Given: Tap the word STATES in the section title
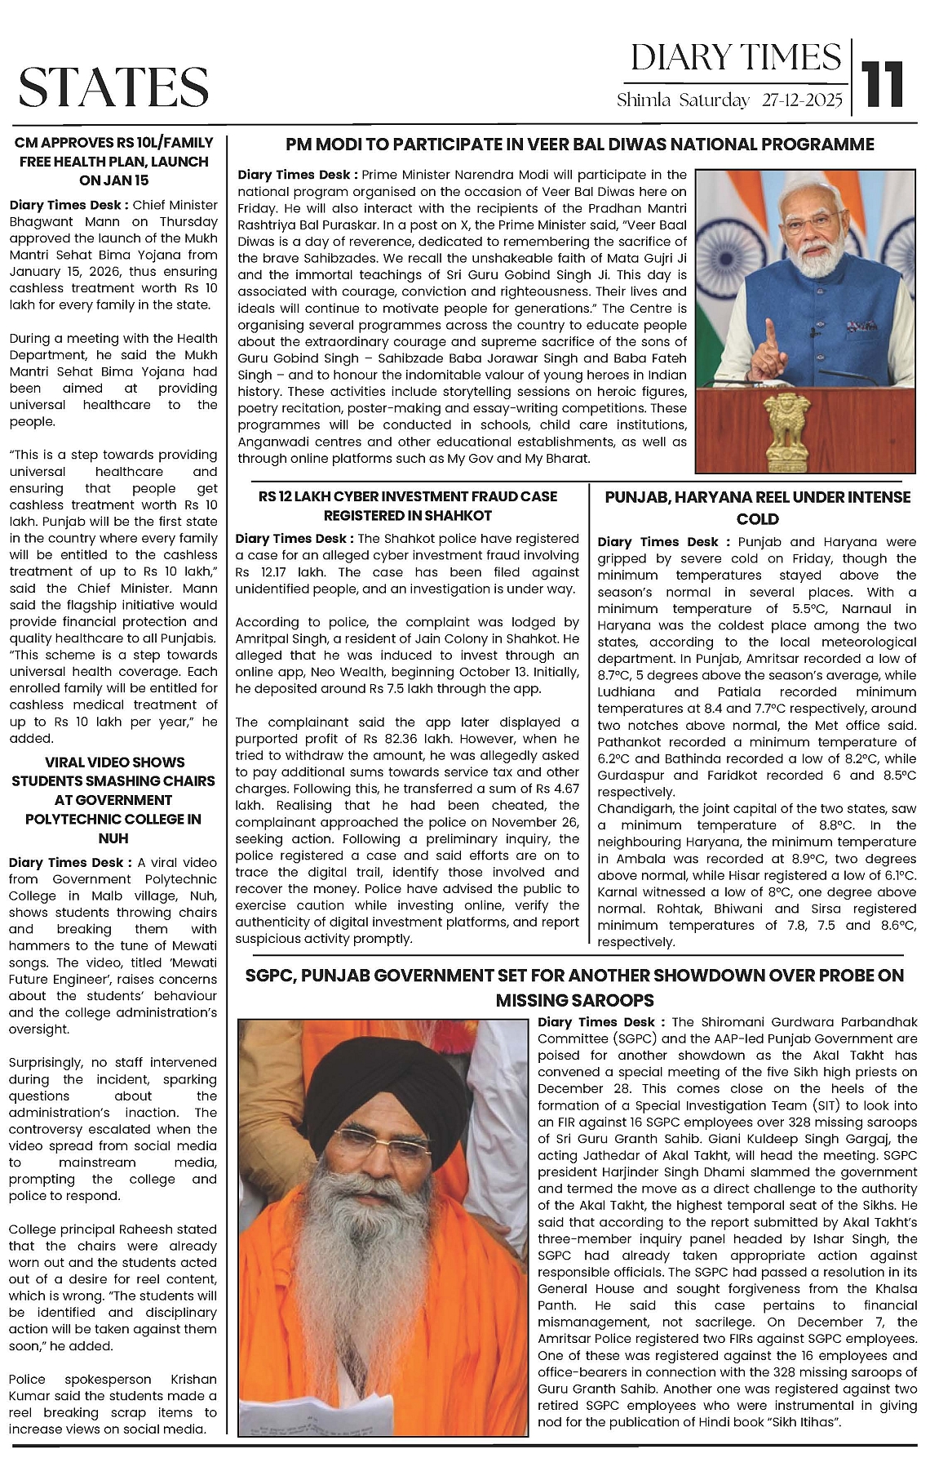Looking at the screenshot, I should [113, 87].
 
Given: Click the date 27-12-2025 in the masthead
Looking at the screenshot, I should [802, 100].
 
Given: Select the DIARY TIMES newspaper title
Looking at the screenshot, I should [735, 58].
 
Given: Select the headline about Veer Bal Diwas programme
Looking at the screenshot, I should [579, 145].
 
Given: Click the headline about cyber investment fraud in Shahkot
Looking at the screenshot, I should [408, 505].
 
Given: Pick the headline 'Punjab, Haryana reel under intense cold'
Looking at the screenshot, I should [757, 507].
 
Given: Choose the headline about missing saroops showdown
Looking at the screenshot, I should [574, 987].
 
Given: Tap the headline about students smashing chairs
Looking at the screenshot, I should [113, 800].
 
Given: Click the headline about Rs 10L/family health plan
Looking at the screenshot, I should [113, 161].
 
